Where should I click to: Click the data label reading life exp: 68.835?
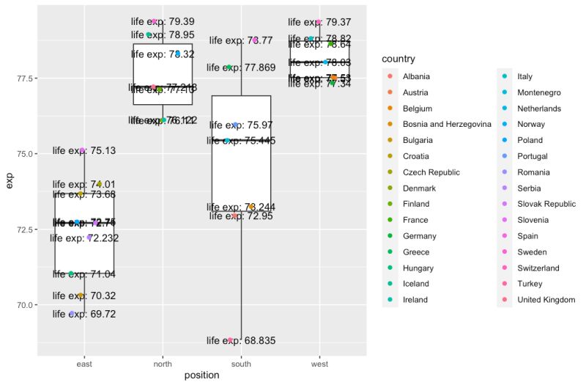click(241, 340)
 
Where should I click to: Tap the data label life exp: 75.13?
click(84, 151)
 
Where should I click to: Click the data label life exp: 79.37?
click(319, 23)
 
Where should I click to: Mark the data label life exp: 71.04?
click(84, 274)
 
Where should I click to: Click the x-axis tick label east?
click(84, 363)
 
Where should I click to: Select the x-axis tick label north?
click(163, 363)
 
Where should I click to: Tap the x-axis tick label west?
click(319, 363)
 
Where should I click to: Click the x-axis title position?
click(201, 375)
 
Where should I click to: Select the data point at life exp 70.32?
click(81, 296)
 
